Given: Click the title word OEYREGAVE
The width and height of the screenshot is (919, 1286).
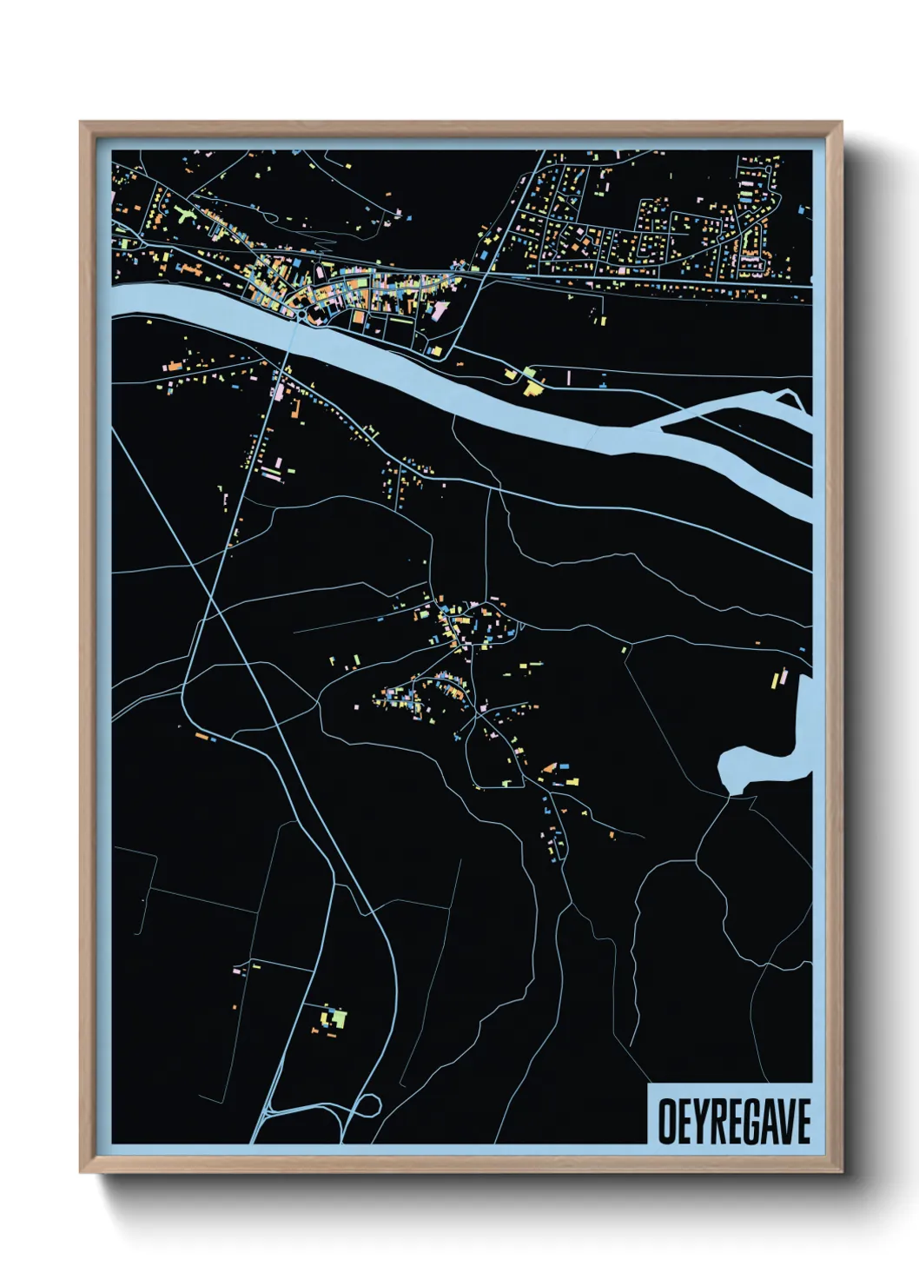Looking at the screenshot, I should tap(734, 1121).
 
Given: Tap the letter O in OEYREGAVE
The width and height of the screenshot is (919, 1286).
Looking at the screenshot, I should tap(666, 1121).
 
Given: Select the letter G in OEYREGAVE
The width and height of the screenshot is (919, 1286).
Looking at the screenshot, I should tap(749, 1121).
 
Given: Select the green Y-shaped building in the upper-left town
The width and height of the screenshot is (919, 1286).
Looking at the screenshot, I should tap(185, 213).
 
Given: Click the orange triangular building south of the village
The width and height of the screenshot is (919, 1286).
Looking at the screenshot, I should tap(548, 767).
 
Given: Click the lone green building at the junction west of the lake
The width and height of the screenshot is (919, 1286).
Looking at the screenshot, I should tap(625, 649).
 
